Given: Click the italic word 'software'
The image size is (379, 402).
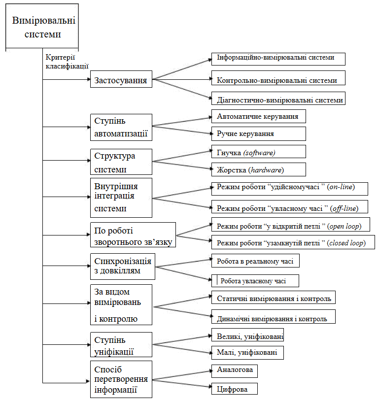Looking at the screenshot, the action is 259,153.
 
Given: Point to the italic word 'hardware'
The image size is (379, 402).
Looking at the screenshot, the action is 266,170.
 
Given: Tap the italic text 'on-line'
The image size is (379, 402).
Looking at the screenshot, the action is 341,187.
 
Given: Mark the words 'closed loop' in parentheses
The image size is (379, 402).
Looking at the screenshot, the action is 346,243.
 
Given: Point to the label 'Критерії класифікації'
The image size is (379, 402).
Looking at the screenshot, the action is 67,62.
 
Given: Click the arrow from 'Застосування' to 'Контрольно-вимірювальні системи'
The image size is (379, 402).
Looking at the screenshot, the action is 182,79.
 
